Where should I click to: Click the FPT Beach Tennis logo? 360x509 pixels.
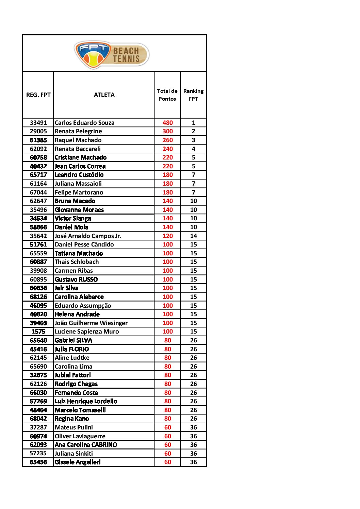point(112,54)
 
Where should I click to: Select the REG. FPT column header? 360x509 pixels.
point(38,95)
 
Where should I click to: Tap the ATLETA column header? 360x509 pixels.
point(104,95)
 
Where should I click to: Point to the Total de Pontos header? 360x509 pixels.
point(167,95)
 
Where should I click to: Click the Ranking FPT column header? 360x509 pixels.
point(193,95)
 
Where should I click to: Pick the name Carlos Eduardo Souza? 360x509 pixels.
point(84,123)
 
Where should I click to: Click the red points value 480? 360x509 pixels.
point(167,123)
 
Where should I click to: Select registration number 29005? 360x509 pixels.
point(38,131)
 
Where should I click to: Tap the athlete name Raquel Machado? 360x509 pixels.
point(78,140)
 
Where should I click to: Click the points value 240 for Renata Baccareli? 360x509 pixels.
point(167,149)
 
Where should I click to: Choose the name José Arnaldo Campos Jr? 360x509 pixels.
point(88,236)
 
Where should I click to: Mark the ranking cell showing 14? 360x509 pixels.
point(193,236)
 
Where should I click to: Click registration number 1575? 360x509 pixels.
point(38,332)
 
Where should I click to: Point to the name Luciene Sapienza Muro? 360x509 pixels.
point(87,332)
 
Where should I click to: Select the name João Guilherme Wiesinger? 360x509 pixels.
point(91,323)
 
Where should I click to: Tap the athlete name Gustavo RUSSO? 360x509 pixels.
point(76,279)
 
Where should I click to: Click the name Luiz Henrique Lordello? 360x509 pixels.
point(86,401)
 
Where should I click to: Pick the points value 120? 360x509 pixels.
point(167,236)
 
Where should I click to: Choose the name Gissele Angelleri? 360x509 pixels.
point(78,462)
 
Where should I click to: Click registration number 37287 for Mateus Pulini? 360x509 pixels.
point(38,427)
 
